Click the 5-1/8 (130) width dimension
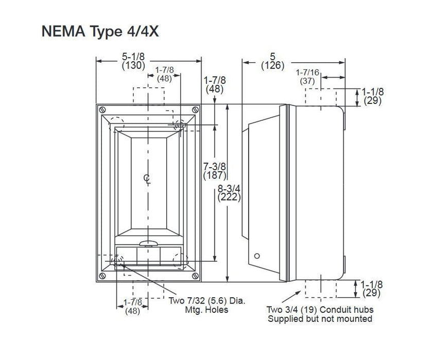(133, 61)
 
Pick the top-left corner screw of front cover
(102, 110)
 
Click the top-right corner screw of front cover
(195, 110)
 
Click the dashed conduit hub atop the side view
(321, 97)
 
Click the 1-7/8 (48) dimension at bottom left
(133, 307)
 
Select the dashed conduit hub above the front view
(149, 96)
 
